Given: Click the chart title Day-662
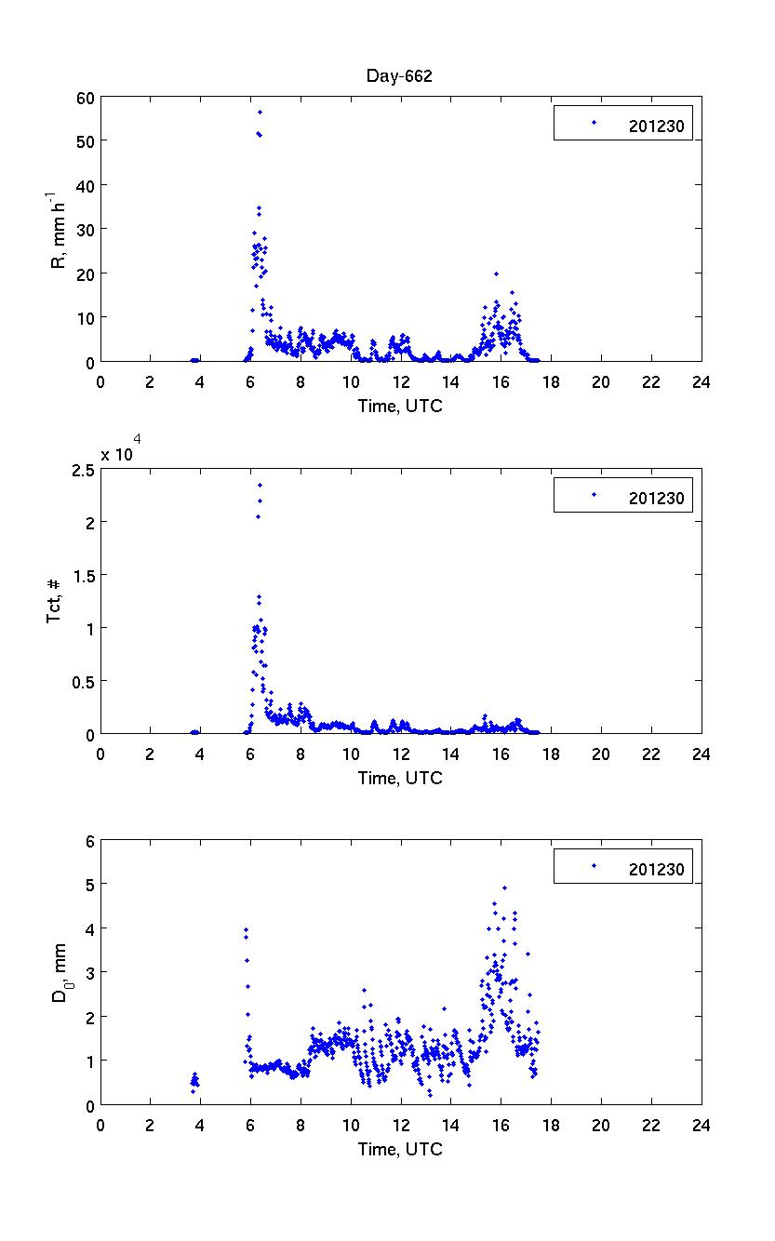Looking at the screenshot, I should tap(398, 76).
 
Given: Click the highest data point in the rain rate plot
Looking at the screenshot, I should tap(260, 112).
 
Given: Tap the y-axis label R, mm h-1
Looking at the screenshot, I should tap(59, 228).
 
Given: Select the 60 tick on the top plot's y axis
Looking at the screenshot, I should tap(86, 96).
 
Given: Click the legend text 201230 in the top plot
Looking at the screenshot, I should tap(656, 127).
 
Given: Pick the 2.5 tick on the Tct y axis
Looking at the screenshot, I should tap(83, 470).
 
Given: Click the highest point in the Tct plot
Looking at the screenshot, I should tap(260, 485).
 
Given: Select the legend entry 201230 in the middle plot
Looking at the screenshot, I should tap(656, 499).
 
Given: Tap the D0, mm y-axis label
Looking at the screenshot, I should tap(59, 973).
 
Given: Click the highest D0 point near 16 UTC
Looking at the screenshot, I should tap(504, 887).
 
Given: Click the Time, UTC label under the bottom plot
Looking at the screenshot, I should tap(400, 1150).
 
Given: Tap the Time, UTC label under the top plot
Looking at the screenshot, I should tap(400, 407).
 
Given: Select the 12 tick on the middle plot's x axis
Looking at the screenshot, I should tap(401, 754).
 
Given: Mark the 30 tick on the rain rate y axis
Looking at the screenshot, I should tap(86, 229).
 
